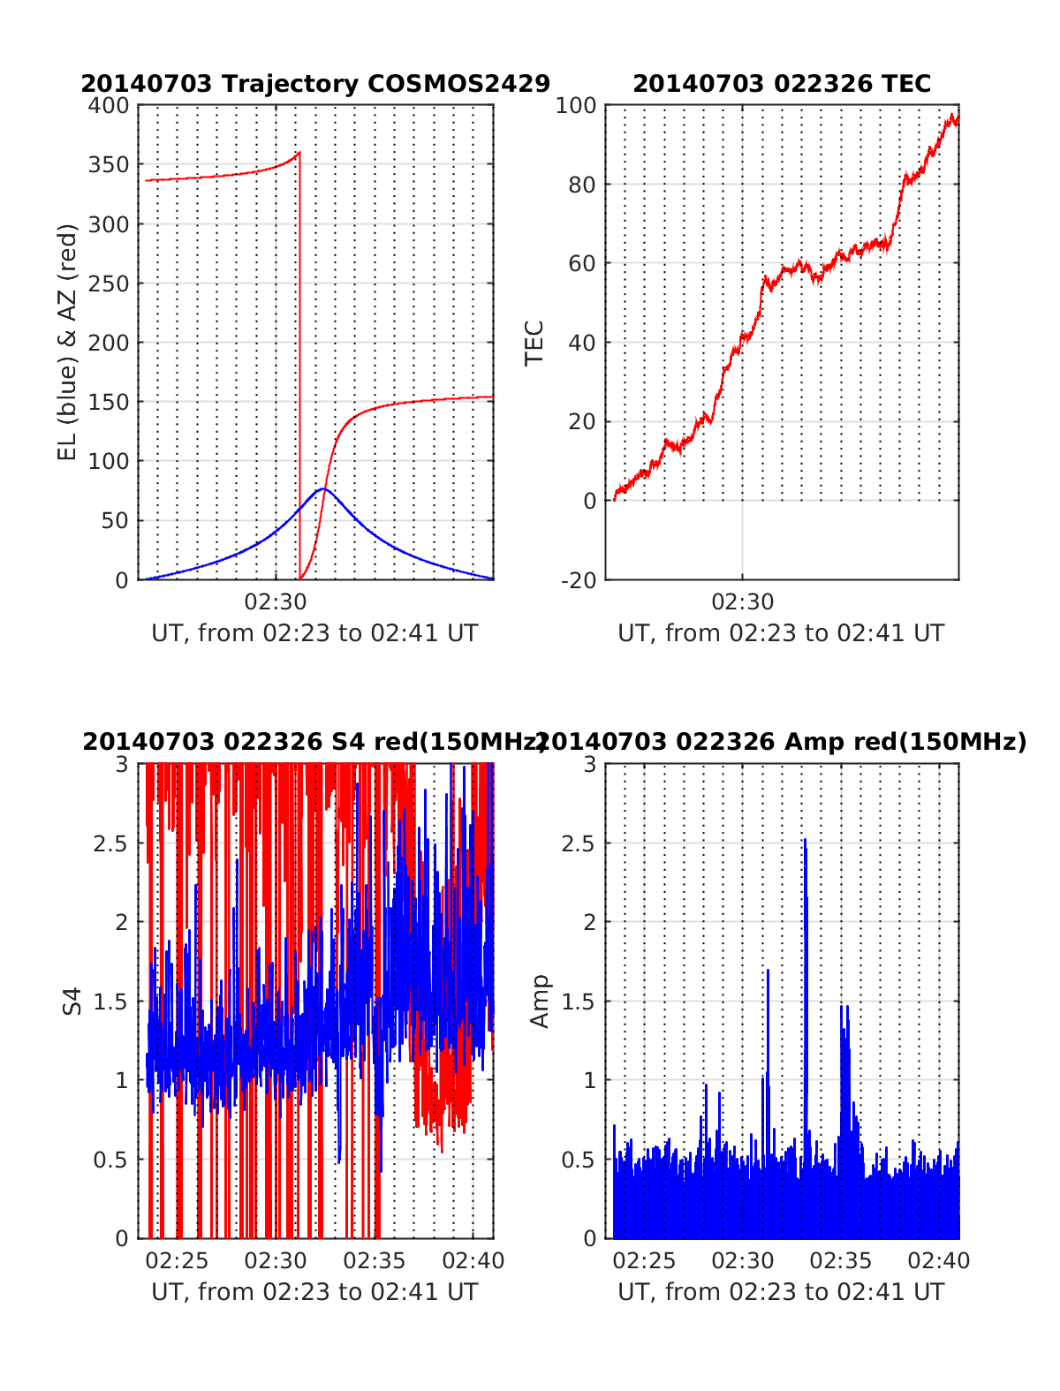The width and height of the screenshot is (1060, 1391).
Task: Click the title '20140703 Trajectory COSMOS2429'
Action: coord(315,84)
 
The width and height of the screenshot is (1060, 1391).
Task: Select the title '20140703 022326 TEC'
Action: coord(782,84)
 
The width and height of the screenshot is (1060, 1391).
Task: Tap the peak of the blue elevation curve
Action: coord(323,488)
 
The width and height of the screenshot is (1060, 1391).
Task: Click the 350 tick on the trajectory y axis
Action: coord(109,165)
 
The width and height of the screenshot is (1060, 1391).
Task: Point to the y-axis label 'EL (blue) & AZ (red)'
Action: coord(68,342)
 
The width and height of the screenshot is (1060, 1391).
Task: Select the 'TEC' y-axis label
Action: coord(534,343)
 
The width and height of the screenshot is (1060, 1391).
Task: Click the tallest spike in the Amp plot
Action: coord(805,840)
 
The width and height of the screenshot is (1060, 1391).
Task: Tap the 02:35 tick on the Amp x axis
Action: coord(841,1260)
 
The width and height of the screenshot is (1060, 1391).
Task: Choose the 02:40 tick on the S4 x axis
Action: coord(473,1260)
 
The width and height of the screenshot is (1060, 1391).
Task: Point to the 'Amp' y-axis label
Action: coord(539,1001)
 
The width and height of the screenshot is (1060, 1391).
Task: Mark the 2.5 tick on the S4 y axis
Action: coord(110,843)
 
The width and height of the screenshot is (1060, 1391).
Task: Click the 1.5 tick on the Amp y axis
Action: coord(579,1002)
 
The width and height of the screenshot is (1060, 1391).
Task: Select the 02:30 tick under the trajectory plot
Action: coord(276,602)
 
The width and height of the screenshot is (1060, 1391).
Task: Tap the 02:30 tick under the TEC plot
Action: coord(742,602)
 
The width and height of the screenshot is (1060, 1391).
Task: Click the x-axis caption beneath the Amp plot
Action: coord(781,1292)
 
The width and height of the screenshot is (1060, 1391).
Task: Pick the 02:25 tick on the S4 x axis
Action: coord(177,1260)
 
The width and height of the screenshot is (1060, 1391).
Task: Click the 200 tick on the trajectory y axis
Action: coord(109,343)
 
